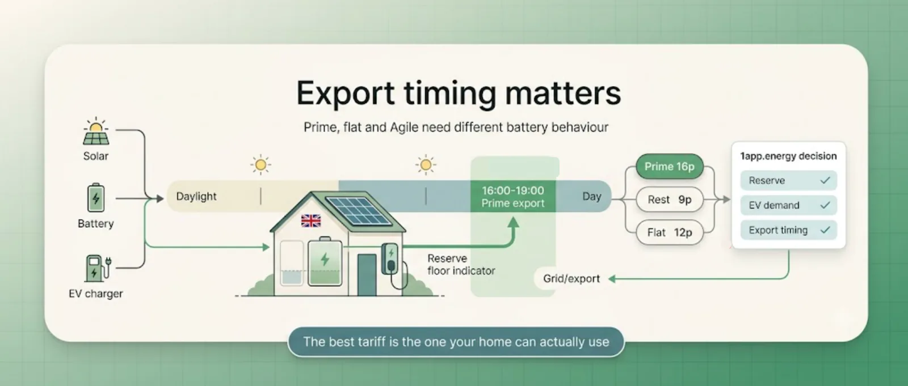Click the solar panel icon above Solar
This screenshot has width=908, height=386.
[96, 132]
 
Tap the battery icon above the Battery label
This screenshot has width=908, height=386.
[96, 198]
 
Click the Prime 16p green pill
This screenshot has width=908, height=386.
[669, 167]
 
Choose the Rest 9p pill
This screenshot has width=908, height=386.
[669, 200]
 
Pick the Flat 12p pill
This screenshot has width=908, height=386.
[669, 232]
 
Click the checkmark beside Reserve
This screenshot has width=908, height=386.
[825, 181]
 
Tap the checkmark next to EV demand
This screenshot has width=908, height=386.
[825, 205]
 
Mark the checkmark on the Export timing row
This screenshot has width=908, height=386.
[825, 230]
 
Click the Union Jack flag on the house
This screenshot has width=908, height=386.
[311, 220]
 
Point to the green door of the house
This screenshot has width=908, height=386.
[367, 275]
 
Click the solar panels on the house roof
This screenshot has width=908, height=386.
[358, 211]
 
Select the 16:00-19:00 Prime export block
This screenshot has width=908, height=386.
[513, 197]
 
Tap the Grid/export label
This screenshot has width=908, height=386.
[571, 279]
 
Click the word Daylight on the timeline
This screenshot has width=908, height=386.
[196, 197]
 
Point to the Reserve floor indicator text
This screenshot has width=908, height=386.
[461, 265]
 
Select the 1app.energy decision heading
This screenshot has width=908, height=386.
[788, 156]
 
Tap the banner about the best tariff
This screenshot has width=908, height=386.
[456, 342]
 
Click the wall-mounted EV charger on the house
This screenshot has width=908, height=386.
[390, 259]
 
